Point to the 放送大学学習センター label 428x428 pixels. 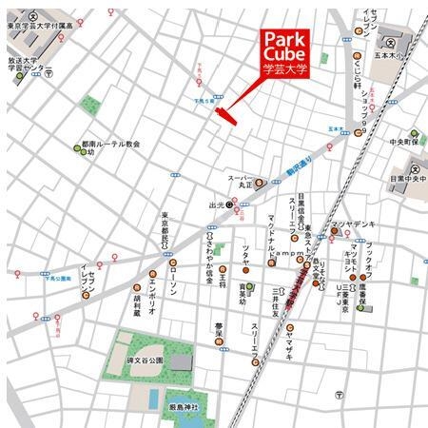pos(28,64)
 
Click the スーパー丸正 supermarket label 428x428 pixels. pos(245,183)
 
